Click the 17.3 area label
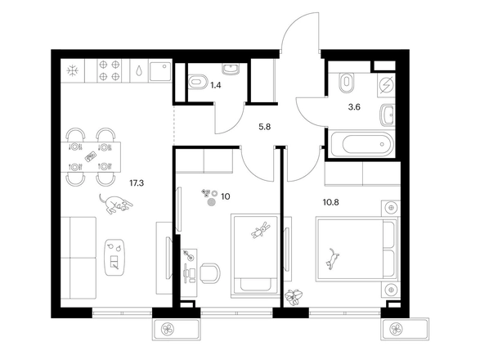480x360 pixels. point(137,183)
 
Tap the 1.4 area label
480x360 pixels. point(216,85)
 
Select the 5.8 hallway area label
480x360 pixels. point(264,127)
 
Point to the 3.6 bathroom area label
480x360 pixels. point(354,107)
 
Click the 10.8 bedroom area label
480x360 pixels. point(331,202)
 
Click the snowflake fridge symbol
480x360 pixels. point(73,71)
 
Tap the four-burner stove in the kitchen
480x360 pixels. point(110,71)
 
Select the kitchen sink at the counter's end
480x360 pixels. point(160,71)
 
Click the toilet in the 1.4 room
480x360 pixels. point(198,82)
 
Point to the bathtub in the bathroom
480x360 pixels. point(363,144)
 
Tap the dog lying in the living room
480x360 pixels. point(115,204)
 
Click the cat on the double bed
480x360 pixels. point(333,259)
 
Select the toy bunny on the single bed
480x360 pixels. point(261,230)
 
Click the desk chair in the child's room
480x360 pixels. point(209,272)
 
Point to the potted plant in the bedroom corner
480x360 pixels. point(294,296)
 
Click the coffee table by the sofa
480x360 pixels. point(114,258)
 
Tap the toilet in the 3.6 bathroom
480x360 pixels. point(346,82)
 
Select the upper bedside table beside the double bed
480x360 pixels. point(391,208)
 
